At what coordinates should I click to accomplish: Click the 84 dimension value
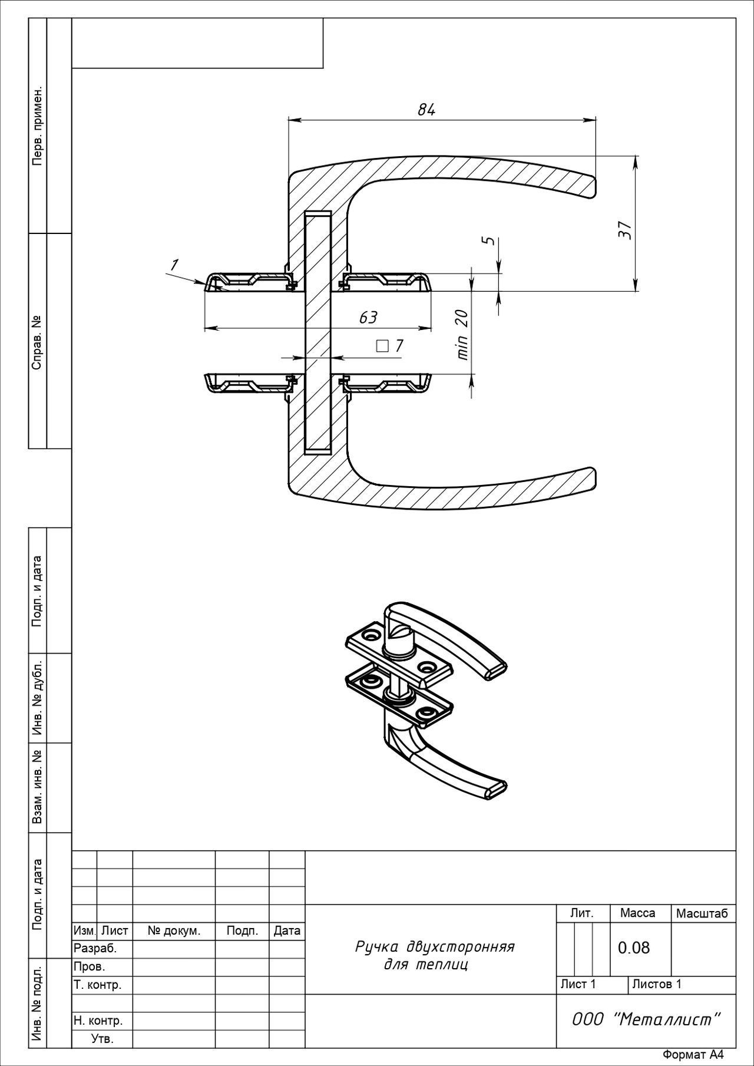point(426,110)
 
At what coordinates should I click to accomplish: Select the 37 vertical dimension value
point(625,229)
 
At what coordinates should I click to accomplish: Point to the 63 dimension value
point(368,318)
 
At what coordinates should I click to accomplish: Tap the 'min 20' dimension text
point(462,334)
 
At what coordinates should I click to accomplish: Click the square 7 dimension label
point(390,345)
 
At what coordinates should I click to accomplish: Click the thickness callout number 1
point(174,266)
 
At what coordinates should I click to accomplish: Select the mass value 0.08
point(634,948)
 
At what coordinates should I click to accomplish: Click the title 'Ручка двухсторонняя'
point(435,946)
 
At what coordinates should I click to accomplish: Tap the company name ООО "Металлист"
point(646,1019)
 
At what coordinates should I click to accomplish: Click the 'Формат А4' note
point(693,1055)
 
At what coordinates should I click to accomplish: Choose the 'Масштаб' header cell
point(702,913)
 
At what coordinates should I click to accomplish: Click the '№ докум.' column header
point(174,931)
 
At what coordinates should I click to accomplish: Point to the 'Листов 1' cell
point(657,984)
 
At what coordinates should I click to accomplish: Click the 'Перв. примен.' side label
point(38,126)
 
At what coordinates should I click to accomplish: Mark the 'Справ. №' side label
point(38,342)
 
